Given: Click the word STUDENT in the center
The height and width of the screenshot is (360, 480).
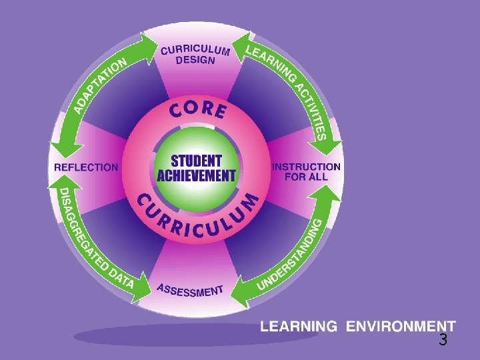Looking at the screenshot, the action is click(x=197, y=161).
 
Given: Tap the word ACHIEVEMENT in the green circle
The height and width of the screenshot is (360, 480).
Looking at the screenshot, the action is click(x=197, y=176).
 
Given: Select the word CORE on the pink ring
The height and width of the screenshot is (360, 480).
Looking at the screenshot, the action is click(x=197, y=110).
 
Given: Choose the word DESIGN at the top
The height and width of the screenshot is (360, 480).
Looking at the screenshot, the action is click(x=195, y=59).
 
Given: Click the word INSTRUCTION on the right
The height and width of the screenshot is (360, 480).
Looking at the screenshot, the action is click(x=307, y=167).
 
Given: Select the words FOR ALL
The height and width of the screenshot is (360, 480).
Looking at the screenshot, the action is click(x=307, y=177).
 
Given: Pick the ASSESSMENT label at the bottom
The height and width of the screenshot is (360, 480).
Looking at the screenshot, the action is click(x=190, y=290).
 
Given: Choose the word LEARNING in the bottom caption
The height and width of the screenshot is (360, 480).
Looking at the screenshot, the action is click(x=298, y=327).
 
